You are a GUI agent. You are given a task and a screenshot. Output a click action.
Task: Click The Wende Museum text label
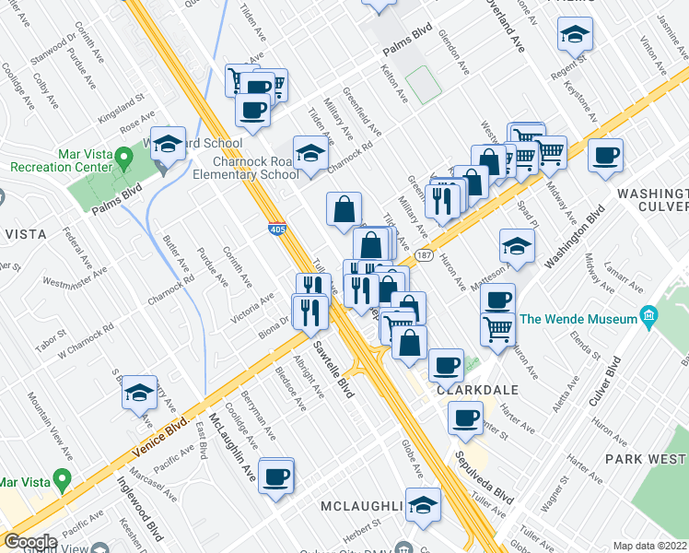coord(579,319)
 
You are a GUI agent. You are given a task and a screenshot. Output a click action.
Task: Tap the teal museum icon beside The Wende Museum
coord(649,318)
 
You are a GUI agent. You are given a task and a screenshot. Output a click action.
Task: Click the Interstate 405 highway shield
coord(276,227)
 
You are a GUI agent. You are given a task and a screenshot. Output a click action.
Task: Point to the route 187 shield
coord(424,253)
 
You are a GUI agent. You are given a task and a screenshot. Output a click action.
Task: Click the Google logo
coord(29,543)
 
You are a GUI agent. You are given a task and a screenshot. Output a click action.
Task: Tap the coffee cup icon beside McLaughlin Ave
coord(276,477)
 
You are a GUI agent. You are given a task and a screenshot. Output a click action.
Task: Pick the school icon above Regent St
coord(575,36)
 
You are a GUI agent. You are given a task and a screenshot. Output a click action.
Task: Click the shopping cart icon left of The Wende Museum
coord(497,325)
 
